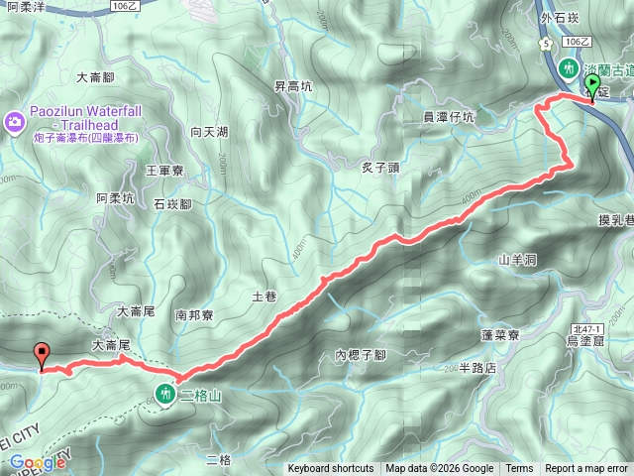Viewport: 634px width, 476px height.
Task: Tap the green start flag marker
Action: pos(592,92)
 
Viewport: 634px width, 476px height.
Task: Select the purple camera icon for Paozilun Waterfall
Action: pos(14,121)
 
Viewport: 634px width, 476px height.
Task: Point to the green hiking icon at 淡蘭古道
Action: pos(569,69)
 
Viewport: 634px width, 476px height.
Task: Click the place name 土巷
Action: pos(264,296)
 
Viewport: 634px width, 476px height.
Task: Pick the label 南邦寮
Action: pos(194,314)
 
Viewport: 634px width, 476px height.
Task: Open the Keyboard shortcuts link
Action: pos(331,469)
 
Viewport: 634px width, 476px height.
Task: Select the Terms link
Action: pos(519,469)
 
